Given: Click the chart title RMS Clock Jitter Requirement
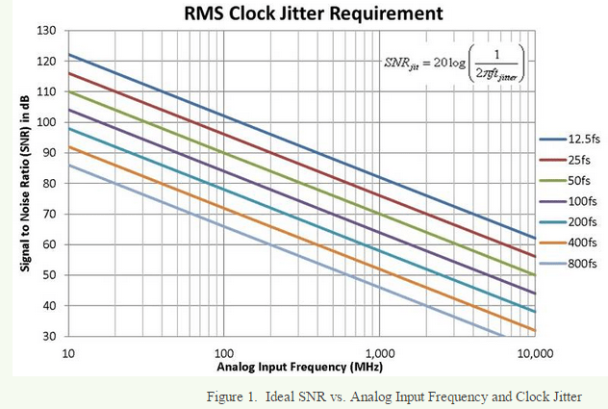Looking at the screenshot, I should coord(300,13).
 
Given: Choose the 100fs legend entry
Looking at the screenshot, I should coord(574,200).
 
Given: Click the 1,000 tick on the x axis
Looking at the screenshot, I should coord(379,353).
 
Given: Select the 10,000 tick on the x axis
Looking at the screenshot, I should coord(534,353).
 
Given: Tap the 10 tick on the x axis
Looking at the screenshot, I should coord(68,353).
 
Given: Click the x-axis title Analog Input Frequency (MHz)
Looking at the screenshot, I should coord(300,368).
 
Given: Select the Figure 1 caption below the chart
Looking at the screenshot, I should coord(406,396).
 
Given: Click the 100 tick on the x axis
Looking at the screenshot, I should coord(224,353).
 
